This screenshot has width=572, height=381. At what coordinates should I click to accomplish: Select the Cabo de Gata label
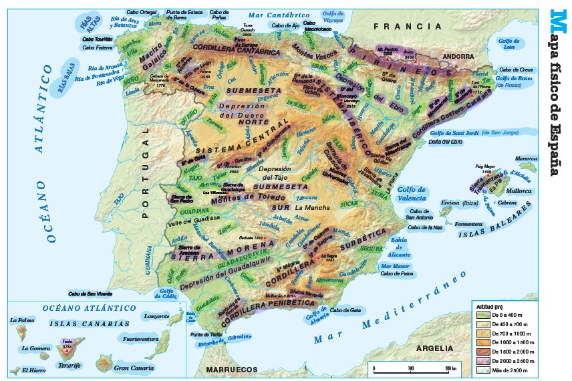[x=346, y=310]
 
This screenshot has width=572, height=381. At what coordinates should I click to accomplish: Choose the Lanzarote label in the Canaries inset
[x=156, y=315]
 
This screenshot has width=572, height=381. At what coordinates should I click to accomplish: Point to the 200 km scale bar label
[x=450, y=368]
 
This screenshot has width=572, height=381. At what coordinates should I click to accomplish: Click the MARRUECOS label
[x=231, y=369]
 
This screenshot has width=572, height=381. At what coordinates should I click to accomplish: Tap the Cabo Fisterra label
[x=97, y=48]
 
